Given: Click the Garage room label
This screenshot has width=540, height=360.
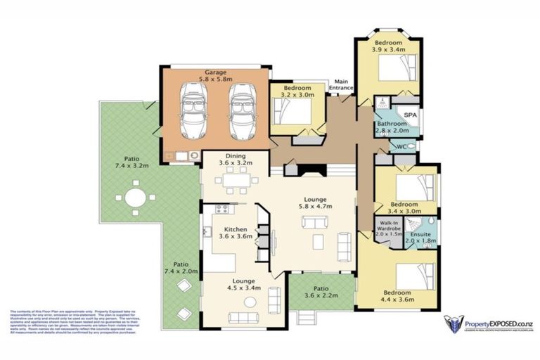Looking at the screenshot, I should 215,76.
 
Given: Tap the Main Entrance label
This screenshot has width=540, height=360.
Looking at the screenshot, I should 342,84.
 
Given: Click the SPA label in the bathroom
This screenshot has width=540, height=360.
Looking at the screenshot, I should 408,114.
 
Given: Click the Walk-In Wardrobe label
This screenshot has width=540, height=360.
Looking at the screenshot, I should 387,229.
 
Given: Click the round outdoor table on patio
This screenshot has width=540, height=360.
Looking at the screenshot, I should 136,198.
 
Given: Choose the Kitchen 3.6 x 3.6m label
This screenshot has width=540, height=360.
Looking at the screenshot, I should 233,233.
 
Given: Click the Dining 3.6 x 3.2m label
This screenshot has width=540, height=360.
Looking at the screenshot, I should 234,159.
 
